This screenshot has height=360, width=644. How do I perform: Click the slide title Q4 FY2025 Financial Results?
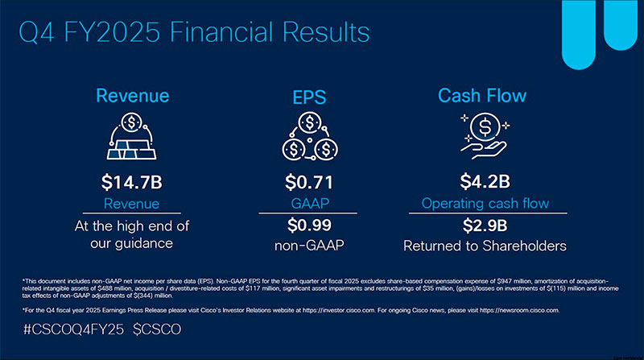(x=193, y=31)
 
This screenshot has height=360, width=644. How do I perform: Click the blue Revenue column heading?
(x=132, y=96)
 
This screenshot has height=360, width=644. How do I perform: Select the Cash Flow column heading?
(x=482, y=96)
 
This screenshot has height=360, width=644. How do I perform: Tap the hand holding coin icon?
(x=482, y=134)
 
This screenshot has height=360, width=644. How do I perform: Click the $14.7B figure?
(x=132, y=182)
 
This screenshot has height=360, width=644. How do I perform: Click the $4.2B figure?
(x=482, y=182)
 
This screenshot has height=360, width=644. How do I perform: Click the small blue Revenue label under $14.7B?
(x=132, y=204)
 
